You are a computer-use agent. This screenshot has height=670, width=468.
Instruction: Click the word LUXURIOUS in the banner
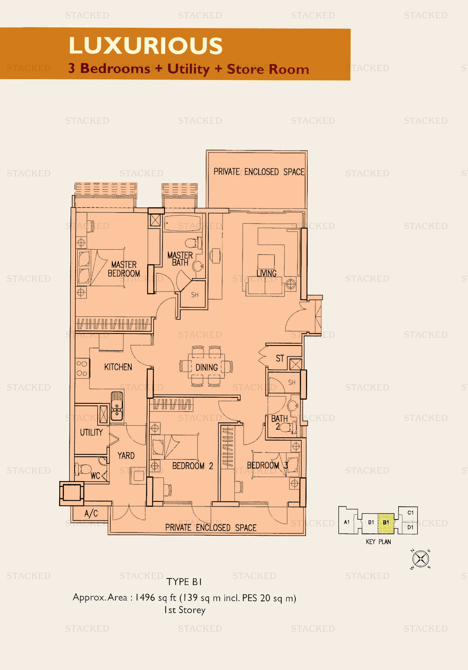tap(146, 46)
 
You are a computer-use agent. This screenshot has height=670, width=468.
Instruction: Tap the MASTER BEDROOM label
tap(124, 269)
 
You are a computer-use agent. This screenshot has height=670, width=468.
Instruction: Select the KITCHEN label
tap(118, 367)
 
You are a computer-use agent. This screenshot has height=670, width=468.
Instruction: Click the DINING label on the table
tap(207, 367)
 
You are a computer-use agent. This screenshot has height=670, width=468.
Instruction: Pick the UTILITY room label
tap(91, 432)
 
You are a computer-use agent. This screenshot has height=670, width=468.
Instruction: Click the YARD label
tap(126, 456)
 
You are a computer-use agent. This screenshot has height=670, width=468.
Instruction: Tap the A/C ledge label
tap(91, 513)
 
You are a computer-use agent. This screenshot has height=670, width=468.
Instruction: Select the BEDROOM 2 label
tap(193, 466)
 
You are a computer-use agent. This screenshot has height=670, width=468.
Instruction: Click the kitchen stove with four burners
tap(82, 368)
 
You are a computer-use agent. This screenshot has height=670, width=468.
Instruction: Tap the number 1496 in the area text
tap(145, 597)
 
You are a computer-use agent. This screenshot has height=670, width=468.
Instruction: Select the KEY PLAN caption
tap(378, 542)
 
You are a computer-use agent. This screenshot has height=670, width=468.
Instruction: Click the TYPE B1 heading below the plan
tap(184, 582)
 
